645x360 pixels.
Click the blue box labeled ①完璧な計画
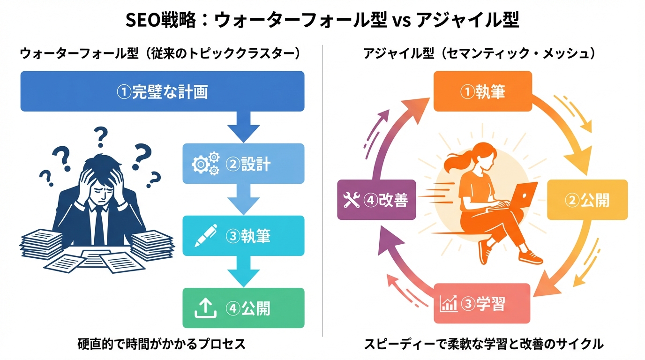point(162,91)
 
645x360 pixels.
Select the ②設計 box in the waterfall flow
point(243,164)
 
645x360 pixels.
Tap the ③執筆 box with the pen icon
point(243,235)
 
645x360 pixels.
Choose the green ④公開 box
point(243,308)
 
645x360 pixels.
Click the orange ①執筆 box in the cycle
point(483,91)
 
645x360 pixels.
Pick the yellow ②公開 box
point(587,200)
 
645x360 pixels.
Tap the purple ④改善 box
point(376,200)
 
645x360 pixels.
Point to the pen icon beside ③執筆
point(206,235)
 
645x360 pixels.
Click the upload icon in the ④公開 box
point(204,308)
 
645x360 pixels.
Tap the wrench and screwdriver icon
point(352,200)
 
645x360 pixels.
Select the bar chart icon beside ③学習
point(448,304)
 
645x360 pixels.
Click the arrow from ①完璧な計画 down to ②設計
point(243,127)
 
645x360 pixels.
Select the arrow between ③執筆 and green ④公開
point(243,272)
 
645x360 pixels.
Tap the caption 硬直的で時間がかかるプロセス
point(161,345)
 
